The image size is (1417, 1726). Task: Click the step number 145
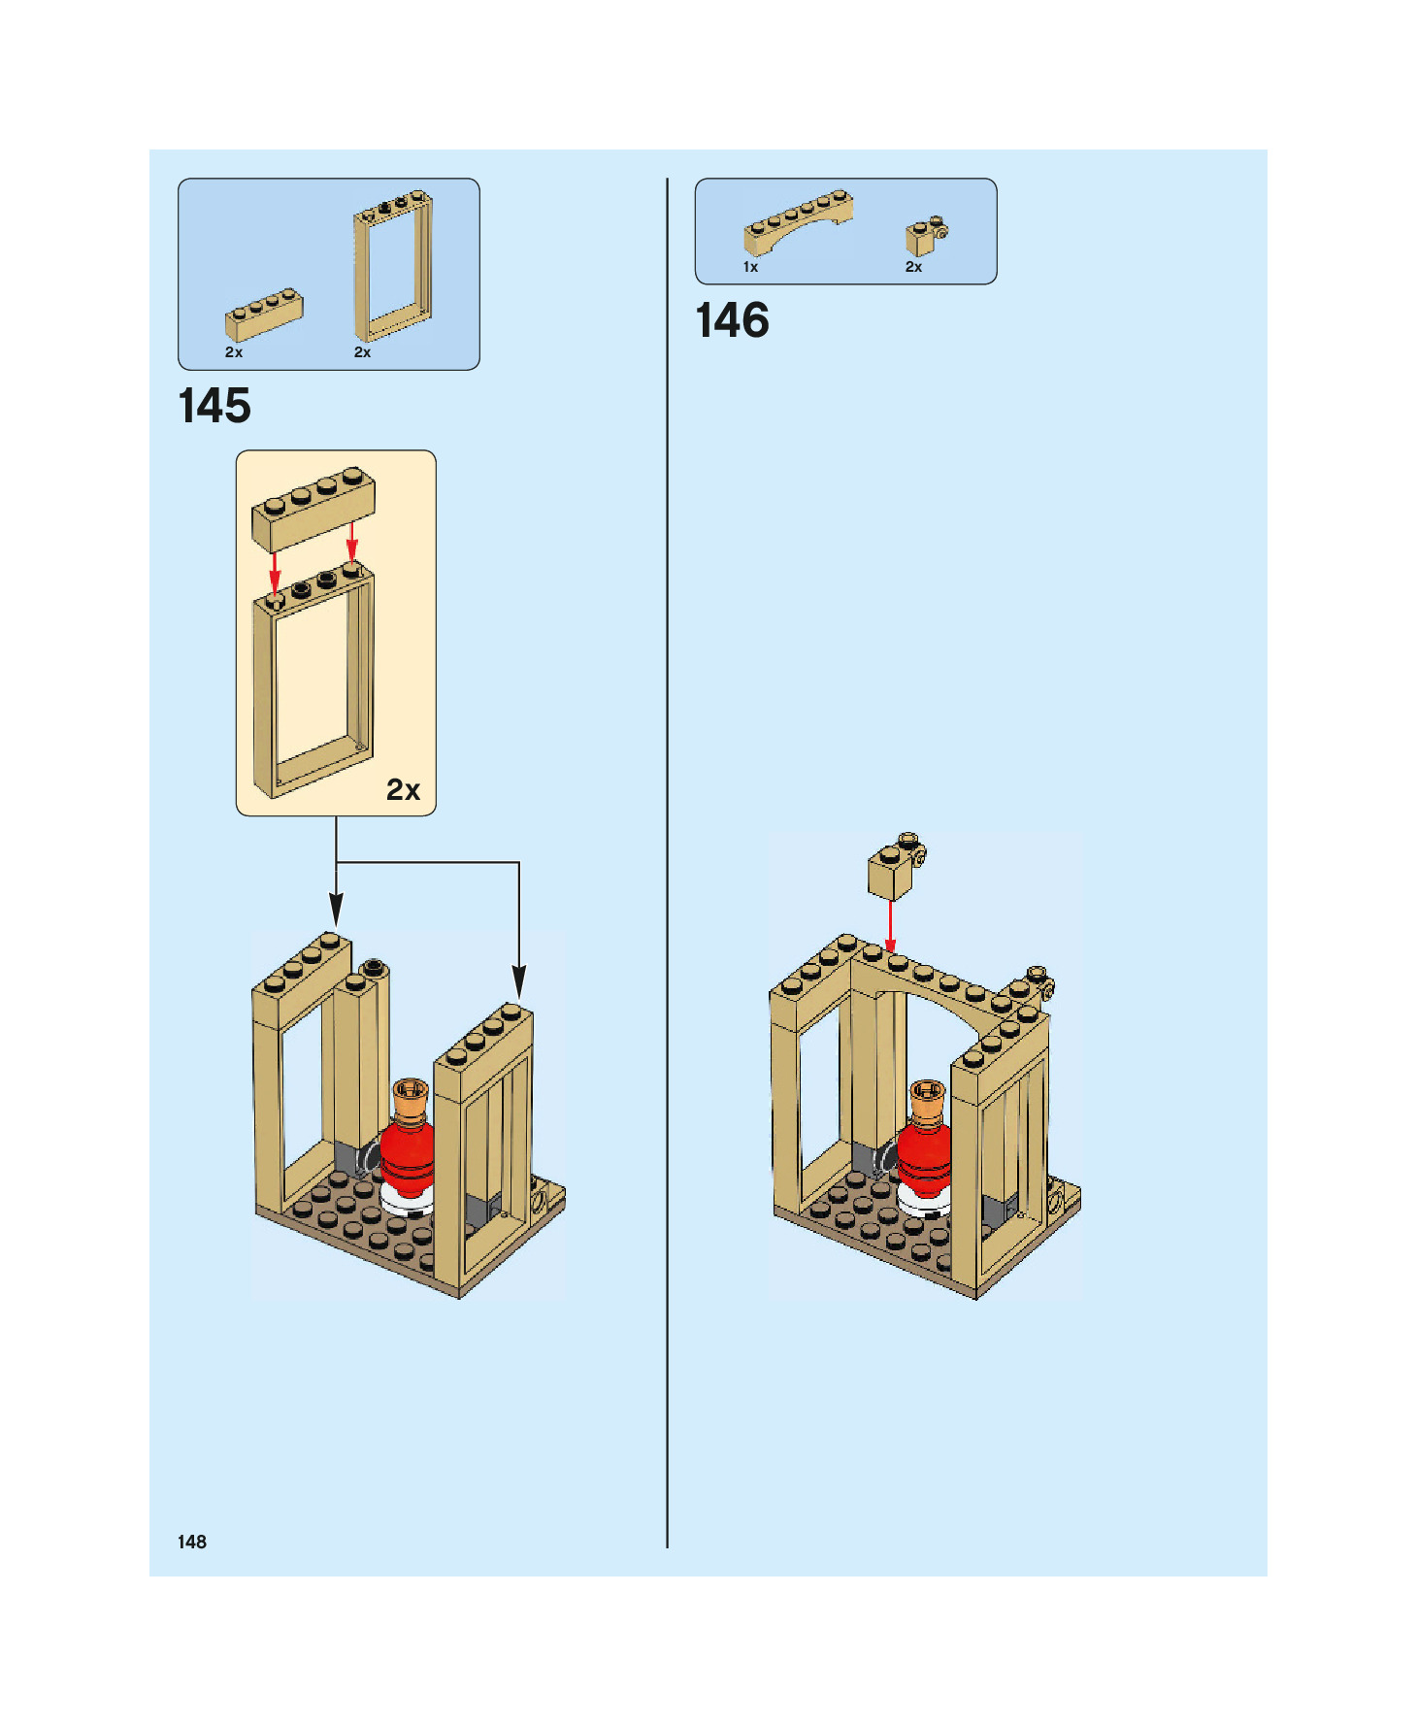tap(214, 406)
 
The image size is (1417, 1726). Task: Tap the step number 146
tap(732, 320)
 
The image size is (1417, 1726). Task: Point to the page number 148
tap(192, 1542)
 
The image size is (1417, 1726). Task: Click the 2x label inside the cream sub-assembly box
tap(403, 789)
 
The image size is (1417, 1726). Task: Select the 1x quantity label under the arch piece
tap(750, 267)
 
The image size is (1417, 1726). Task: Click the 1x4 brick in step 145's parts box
tap(264, 314)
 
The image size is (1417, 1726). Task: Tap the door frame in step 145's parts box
tap(392, 263)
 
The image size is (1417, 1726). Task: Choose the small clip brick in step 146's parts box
tap(925, 235)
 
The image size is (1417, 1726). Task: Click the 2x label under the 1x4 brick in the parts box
tap(234, 352)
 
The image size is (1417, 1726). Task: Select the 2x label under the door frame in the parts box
tap(362, 352)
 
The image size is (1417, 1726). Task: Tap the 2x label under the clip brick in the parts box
tap(913, 267)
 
